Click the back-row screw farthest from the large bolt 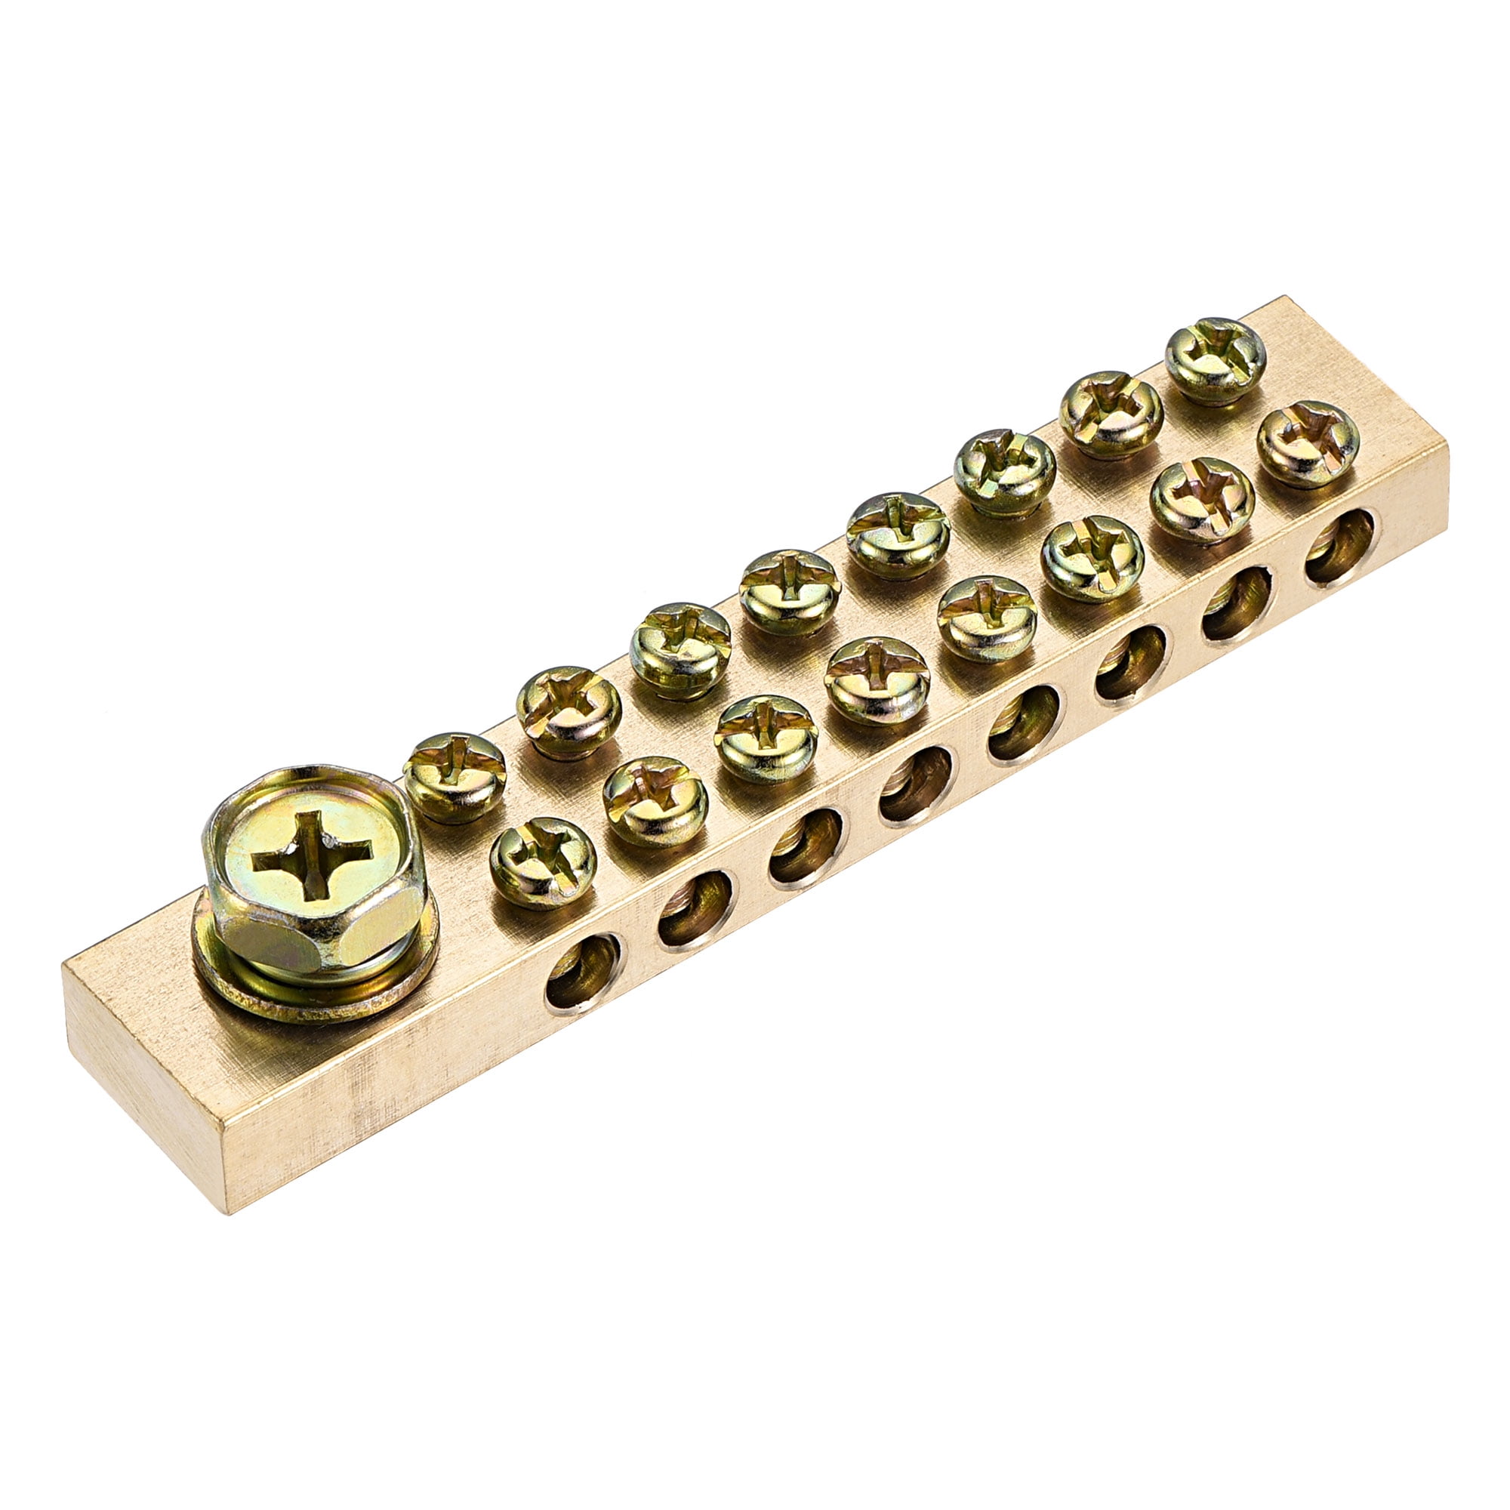[1215, 358]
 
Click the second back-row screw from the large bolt [569, 711]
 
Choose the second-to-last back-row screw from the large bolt [1111, 414]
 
